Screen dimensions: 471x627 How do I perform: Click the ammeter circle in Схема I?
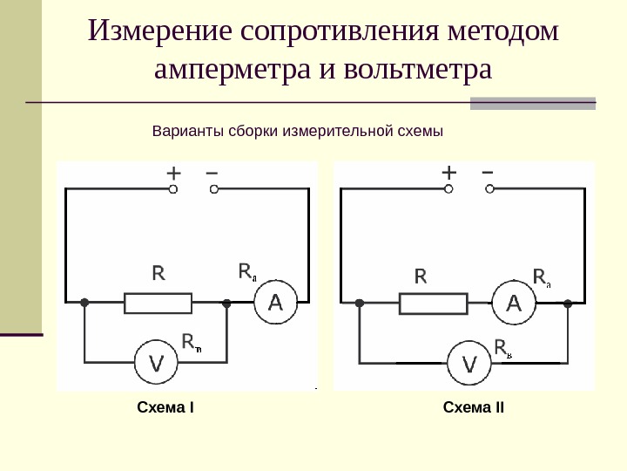pos(275,304)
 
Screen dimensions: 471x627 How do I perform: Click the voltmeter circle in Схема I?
pos(155,363)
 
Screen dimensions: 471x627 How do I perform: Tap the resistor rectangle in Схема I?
pos(158,304)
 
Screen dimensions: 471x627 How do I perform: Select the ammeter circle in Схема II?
pos(514,304)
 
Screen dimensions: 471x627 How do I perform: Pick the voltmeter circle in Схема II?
pos(469,363)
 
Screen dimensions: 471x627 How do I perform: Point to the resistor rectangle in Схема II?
pos(433,304)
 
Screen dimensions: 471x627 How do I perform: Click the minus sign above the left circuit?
pos(212,172)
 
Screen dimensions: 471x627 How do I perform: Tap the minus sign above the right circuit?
pos(487,171)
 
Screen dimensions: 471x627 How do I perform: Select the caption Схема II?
pos(474,408)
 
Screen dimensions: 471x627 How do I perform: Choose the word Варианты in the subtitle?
pos(188,132)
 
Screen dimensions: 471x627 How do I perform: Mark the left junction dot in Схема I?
pos(84,304)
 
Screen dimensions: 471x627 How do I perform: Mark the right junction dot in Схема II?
pos(568,304)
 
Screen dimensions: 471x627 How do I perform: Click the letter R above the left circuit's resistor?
pos(158,274)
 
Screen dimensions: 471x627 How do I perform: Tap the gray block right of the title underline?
pos(533,104)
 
